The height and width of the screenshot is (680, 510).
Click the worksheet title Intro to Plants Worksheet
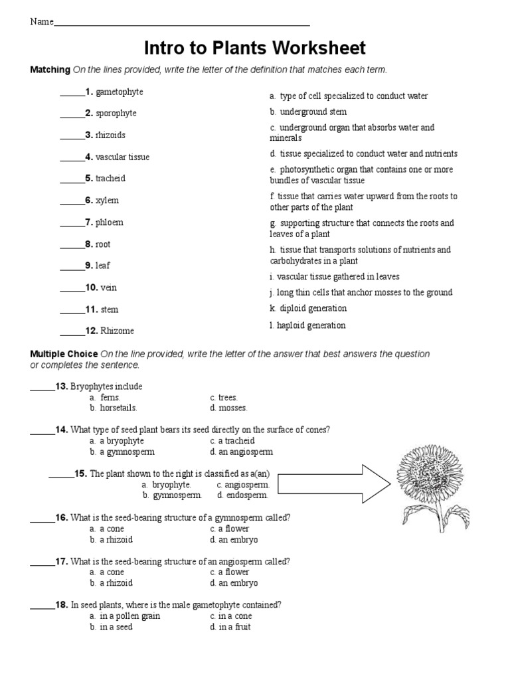click(255, 48)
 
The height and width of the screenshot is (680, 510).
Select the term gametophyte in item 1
click(119, 92)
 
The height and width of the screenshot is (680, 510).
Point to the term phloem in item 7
click(109, 222)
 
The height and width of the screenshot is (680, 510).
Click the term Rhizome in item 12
click(117, 331)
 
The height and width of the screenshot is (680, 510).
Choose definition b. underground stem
click(308, 112)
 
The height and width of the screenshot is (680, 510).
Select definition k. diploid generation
click(308, 308)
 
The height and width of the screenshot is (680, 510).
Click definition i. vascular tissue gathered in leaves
click(335, 276)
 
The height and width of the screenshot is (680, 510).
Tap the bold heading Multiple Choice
click(64, 354)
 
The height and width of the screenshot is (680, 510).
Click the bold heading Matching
click(50, 70)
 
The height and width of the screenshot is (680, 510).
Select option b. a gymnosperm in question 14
click(122, 452)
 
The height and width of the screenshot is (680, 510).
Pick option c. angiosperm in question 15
click(242, 485)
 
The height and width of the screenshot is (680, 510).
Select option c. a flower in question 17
click(229, 572)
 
